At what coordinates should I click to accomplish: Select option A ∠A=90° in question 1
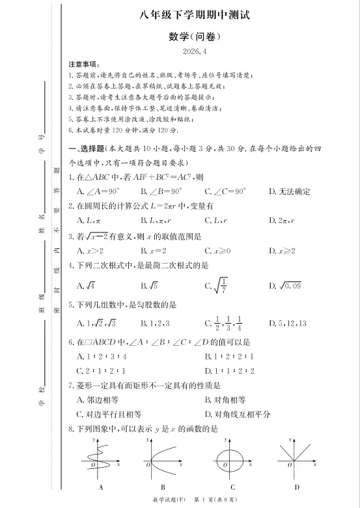[97, 191]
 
